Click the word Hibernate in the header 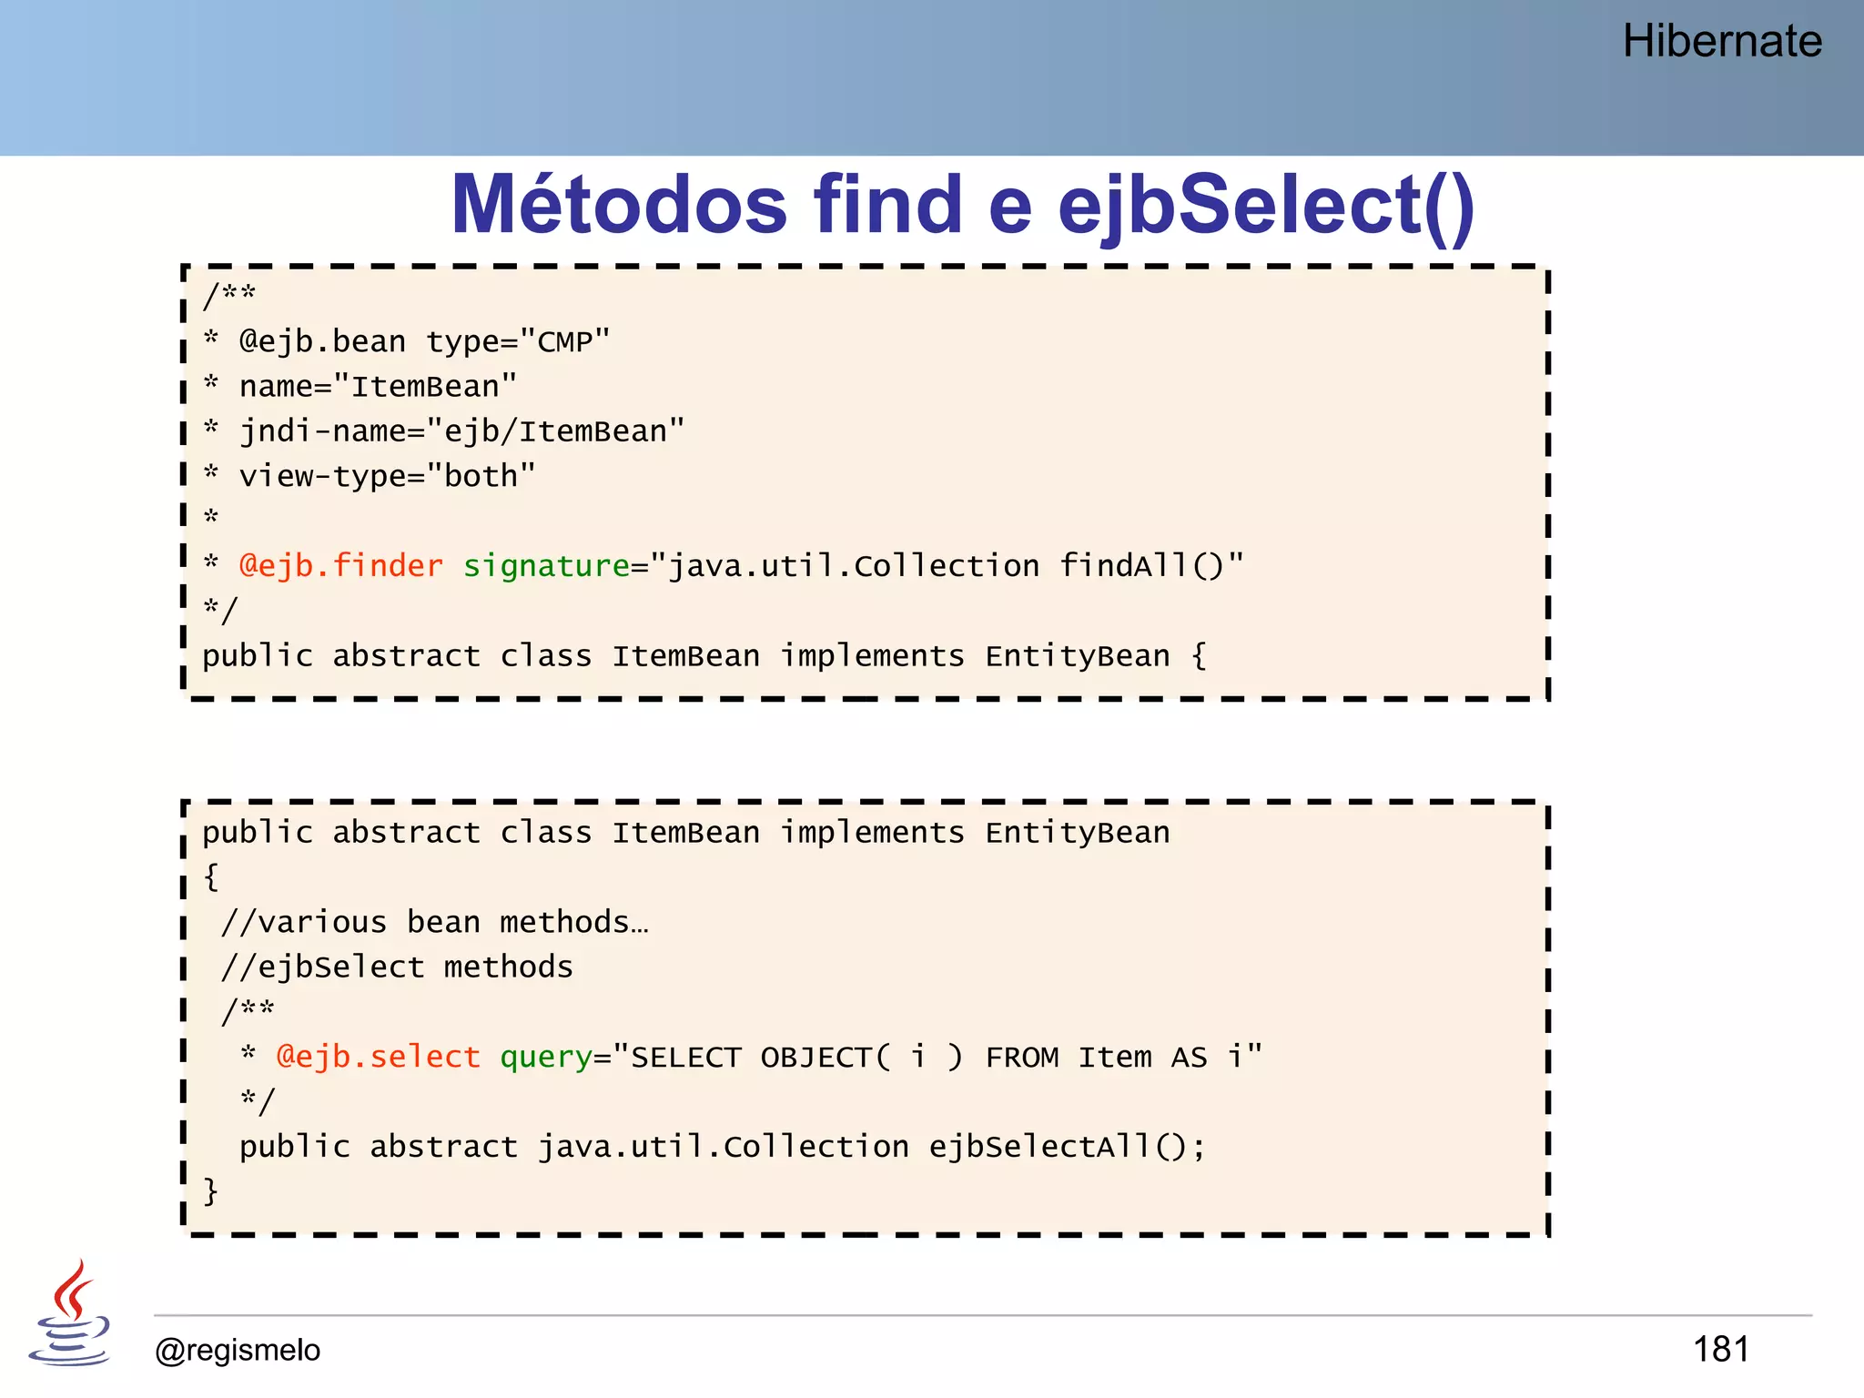tap(1721, 42)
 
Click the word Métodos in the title tap(619, 206)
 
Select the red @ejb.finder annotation tap(340, 566)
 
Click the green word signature tap(546, 566)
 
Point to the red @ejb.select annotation tap(378, 1057)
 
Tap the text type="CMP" tap(518, 342)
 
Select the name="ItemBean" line tap(378, 387)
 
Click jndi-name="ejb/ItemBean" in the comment tap(461, 431)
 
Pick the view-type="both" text tap(387, 476)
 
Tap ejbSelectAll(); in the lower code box tap(1067, 1147)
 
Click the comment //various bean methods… tap(434, 923)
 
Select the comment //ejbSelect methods tap(397, 967)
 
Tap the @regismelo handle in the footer tap(238, 1350)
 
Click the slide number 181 tap(1720, 1349)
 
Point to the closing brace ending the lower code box tap(210, 1191)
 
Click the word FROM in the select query tap(1021, 1057)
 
